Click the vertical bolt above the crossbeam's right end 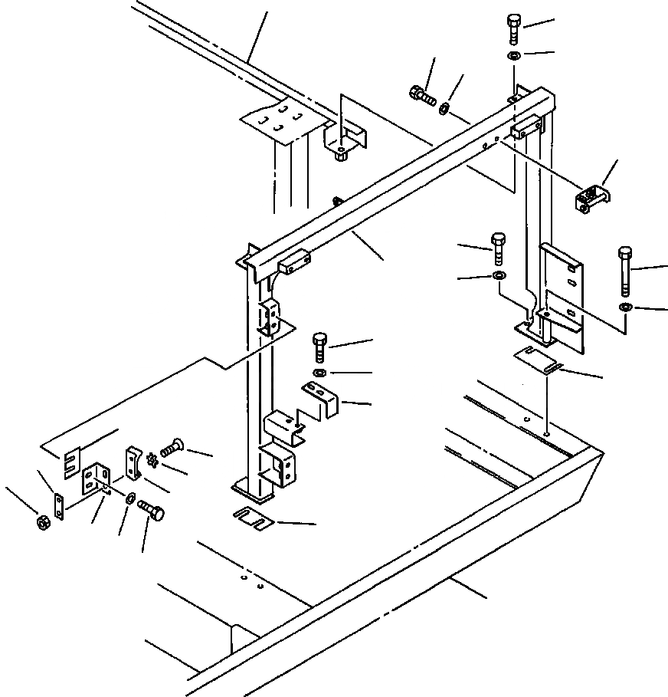[x=513, y=29]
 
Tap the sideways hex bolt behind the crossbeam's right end [x=422, y=97]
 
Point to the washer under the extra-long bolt [x=626, y=307]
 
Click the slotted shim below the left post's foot [x=253, y=519]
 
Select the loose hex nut [x=42, y=522]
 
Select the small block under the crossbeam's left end [x=293, y=265]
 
